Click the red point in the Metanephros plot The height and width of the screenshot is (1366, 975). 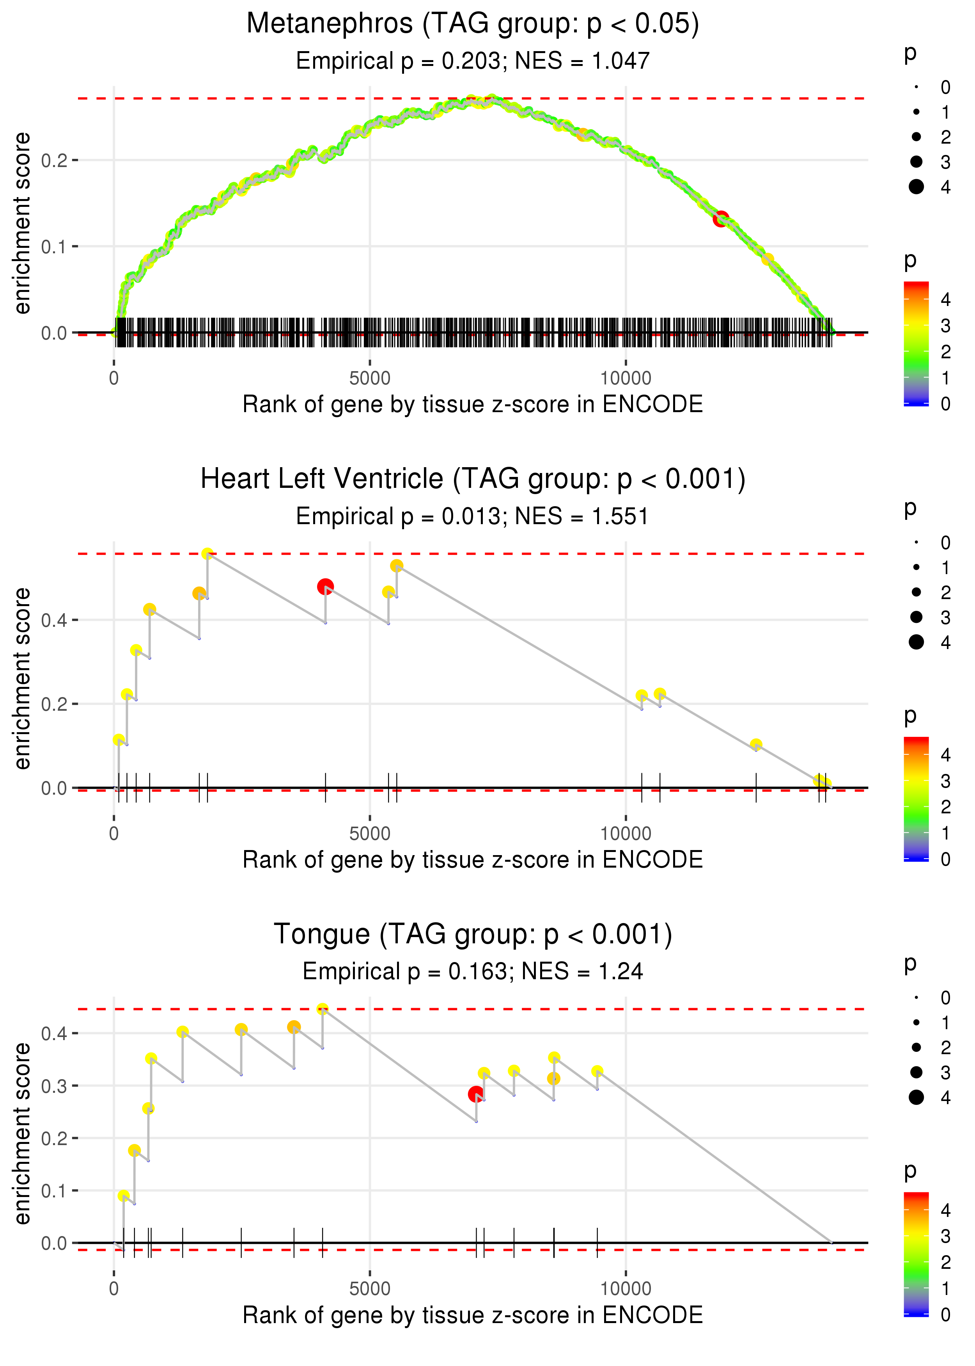[721, 219]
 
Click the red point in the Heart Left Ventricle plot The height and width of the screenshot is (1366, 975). [325, 586]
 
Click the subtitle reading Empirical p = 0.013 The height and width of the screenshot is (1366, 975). [473, 517]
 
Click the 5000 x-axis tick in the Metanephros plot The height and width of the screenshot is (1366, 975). [370, 379]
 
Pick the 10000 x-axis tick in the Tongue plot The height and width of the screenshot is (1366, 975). [626, 1288]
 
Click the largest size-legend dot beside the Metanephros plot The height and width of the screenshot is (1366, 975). [916, 187]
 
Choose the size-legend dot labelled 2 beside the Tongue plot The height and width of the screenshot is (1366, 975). [916, 1048]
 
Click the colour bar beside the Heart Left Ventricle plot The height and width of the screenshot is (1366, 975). [916, 799]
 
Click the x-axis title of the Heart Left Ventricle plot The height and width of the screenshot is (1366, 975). [473, 860]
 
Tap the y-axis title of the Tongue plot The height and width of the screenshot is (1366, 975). [22, 1133]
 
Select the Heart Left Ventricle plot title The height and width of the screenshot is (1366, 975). [473, 479]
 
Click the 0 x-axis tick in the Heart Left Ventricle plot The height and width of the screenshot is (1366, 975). [114, 834]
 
